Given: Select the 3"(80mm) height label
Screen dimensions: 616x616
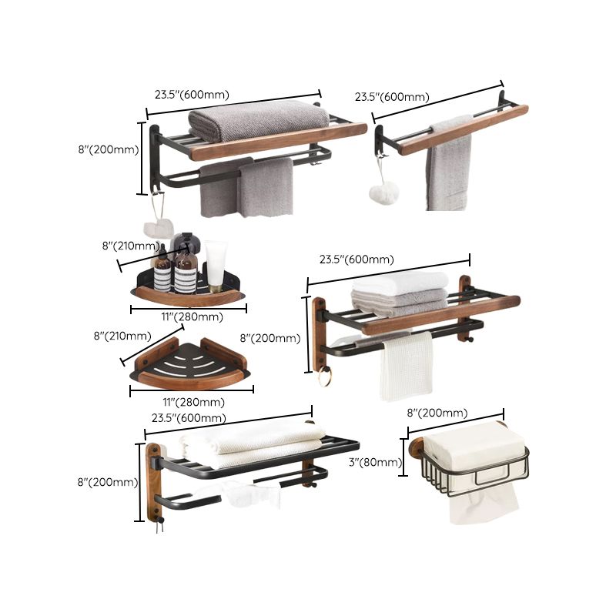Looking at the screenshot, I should (375, 462).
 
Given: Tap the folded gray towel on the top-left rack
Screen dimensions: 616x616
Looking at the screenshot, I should (258, 117).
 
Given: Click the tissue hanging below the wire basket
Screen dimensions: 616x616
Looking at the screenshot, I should (473, 504).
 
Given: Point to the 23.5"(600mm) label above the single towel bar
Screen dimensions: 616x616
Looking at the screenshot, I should (392, 97).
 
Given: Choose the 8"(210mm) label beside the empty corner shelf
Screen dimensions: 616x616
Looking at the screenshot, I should (122, 335).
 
